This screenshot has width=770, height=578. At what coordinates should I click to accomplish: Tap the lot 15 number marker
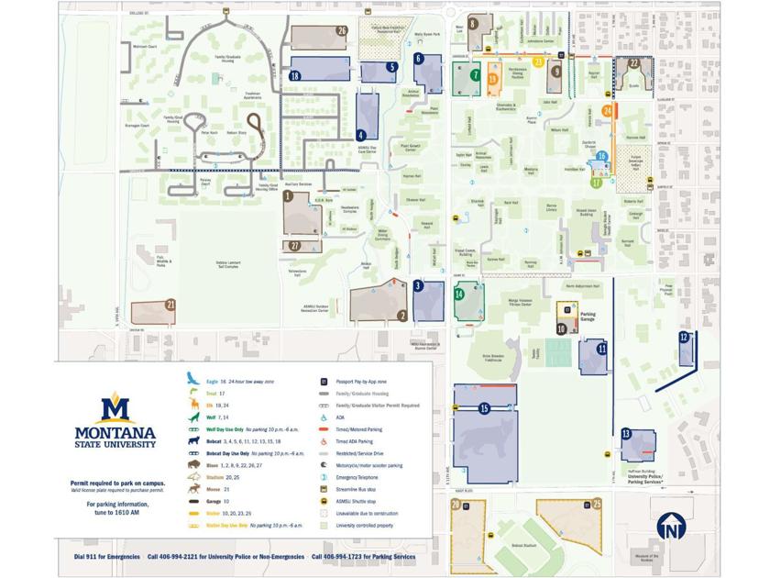tap(484, 408)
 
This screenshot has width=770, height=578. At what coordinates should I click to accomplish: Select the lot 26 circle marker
tap(342, 30)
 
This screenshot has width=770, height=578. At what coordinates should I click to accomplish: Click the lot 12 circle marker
tap(684, 338)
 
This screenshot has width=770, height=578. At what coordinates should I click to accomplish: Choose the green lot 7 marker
tap(475, 75)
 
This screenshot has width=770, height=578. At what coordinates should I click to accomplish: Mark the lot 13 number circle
tap(626, 433)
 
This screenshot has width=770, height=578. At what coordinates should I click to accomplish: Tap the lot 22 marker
tap(633, 63)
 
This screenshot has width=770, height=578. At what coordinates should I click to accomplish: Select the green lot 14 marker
tap(459, 294)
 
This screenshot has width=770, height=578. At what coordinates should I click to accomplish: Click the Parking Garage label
tap(588, 317)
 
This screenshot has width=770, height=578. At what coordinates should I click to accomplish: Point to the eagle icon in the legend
tap(192, 378)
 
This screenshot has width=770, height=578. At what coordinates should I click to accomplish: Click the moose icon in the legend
tap(193, 490)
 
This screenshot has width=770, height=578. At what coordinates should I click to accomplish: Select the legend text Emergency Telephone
tap(359, 477)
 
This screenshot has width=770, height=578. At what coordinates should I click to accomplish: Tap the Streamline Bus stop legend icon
tap(324, 490)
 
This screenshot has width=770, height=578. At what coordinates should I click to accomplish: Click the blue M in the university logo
tap(115, 407)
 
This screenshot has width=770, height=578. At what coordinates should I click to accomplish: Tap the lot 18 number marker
tap(295, 76)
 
